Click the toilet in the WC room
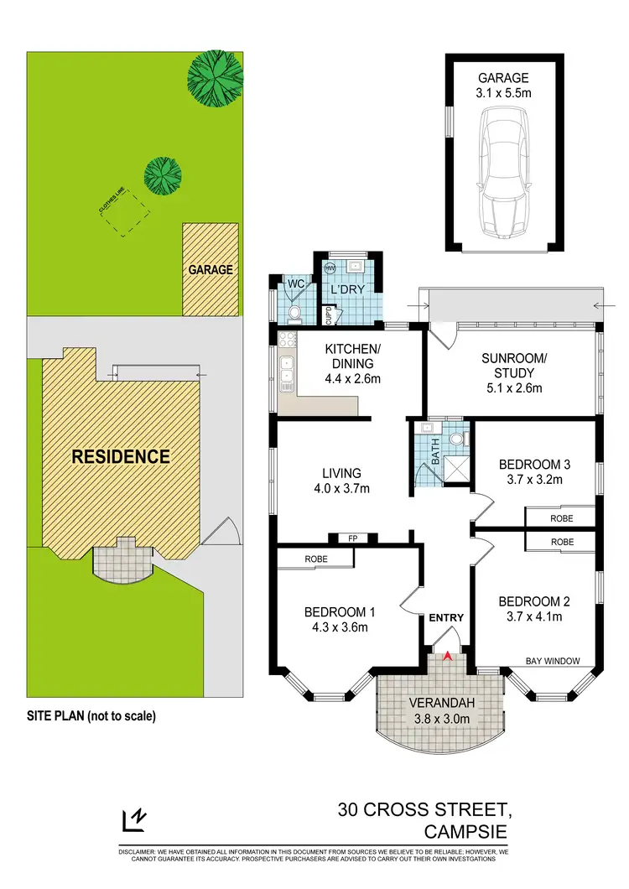(294, 312)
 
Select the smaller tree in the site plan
(162, 174)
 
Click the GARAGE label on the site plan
(210, 270)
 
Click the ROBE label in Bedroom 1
(316, 559)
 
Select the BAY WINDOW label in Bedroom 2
(553, 661)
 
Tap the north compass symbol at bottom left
(133, 819)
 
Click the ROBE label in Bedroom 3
(562, 518)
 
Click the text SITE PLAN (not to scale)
(92, 716)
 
